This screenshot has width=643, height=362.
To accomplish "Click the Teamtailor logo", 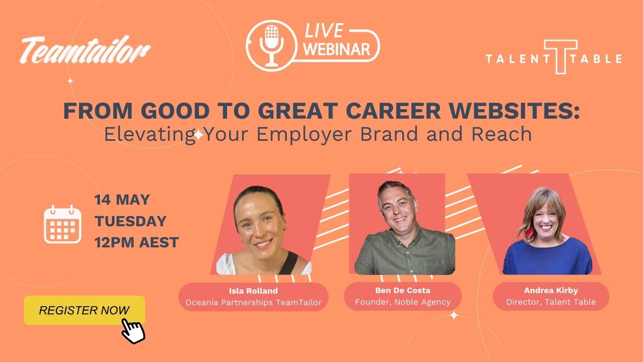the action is pos(85,50).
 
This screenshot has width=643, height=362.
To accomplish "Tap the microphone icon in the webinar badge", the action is pos(271,46).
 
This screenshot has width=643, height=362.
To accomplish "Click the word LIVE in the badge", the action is pos(324,31).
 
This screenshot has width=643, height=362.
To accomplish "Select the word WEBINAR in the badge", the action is pos(337,49).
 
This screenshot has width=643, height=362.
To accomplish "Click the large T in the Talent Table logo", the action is pos(561,57).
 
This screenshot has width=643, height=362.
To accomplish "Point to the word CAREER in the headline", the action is pos(393,111).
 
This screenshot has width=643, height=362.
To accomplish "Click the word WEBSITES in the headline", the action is pos(514,111).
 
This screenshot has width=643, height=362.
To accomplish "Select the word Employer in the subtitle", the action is pos(304,134).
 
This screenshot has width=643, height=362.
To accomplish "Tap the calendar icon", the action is pos(63,224).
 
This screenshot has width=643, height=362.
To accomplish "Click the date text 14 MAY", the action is pos(122,200).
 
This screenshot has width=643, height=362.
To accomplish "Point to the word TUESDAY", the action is pos(131,221).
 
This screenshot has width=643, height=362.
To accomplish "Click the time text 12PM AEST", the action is pos(137,242).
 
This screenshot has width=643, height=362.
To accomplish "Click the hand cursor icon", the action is pos(133,331).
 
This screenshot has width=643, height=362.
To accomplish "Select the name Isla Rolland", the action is pos(254,291).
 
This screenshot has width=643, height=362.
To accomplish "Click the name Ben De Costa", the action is pos(403,291).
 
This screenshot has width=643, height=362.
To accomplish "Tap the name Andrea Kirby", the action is pos(551,291).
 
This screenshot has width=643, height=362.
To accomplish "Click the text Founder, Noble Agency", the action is pos(403,302).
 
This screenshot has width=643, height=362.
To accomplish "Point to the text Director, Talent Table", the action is pos(551,302).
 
